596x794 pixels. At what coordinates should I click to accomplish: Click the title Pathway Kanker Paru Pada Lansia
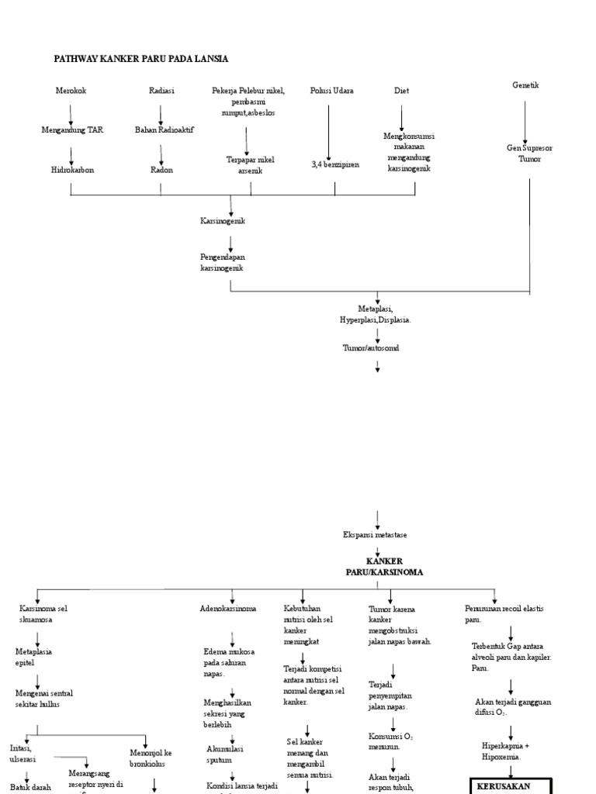(x=140, y=58)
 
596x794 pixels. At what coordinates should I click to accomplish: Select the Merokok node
(x=71, y=91)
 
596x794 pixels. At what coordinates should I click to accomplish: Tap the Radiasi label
(x=161, y=91)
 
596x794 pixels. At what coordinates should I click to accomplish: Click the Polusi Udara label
(x=331, y=91)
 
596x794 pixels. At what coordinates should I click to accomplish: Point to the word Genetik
(x=525, y=85)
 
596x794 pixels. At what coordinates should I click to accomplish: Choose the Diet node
(x=401, y=91)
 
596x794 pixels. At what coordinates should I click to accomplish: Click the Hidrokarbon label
(x=72, y=170)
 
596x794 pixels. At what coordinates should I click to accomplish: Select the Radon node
(x=161, y=170)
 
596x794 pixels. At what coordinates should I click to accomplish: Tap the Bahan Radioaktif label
(x=165, y=130)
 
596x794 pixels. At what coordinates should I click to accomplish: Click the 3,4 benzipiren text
(x=335, y=164)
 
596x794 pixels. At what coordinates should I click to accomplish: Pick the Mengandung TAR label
(x=72, y=130)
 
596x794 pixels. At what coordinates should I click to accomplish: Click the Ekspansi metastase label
(x=375, y=535)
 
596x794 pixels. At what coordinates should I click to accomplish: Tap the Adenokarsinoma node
(x=227, y=609)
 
